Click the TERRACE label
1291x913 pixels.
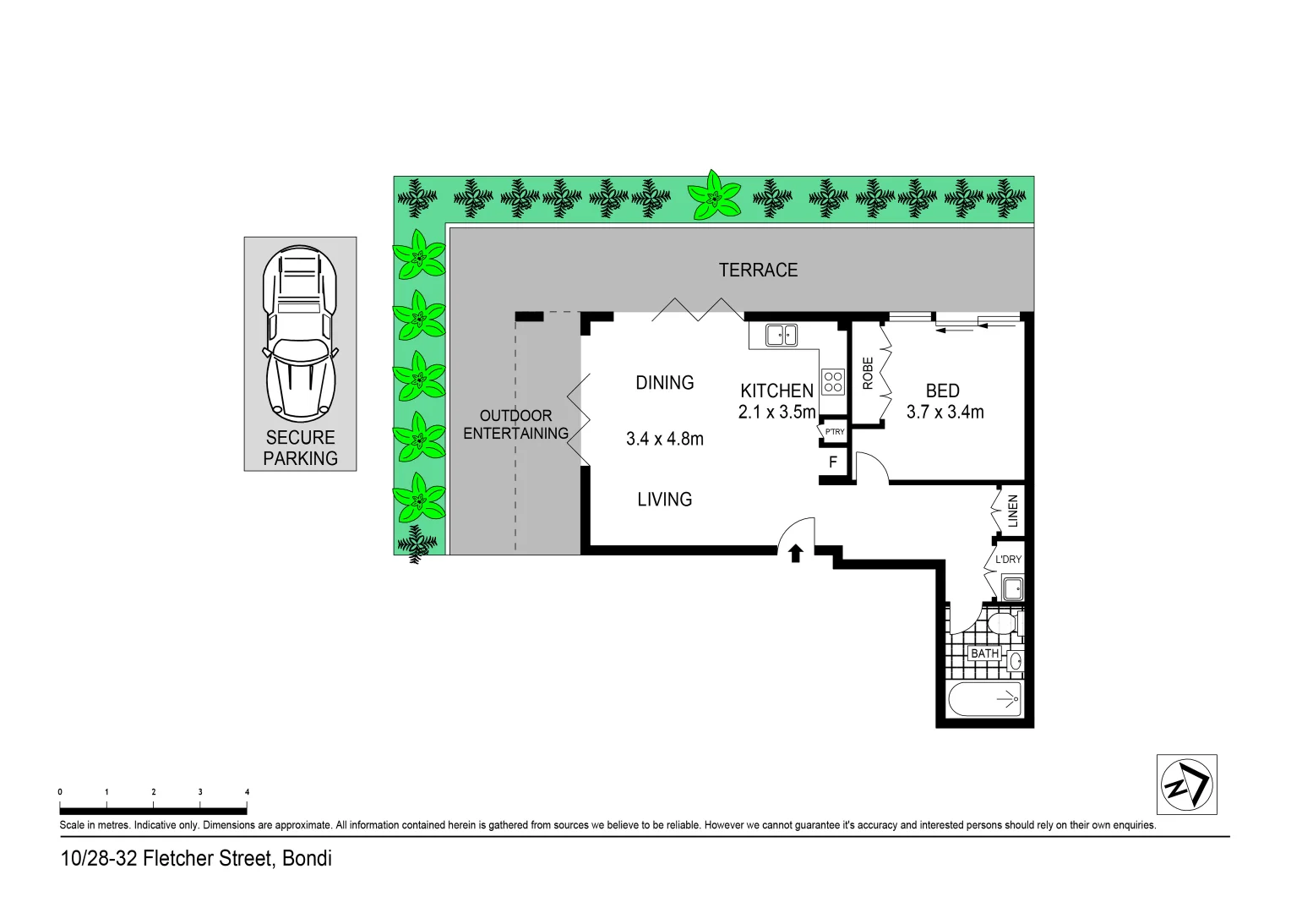click(x=758, y=270)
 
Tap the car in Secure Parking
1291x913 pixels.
click(x=300, y=334)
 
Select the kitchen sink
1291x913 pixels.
click(x=781, y=336)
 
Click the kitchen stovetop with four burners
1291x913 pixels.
click(x=833, y=382)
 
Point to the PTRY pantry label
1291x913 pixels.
click(x=834, y=432)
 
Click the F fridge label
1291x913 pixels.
click(x=833, y=462)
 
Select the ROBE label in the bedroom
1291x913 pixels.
click(x=868, y=373)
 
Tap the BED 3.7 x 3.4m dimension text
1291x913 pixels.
click(x=945, y=413)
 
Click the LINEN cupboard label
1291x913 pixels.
click(x=1012, y=511)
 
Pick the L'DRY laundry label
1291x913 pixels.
click(x=1008, y=560)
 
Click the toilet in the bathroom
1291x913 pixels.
click(x=1003, y=624)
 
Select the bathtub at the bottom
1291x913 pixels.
click(x=985, y=699)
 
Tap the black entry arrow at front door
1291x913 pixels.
click(x=795, y=554)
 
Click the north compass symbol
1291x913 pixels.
click(x=1186, y=784)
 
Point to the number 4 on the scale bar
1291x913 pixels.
click(x=247, y=792)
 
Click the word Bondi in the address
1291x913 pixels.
click(x=307, y=859)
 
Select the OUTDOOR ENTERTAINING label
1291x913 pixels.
click(x=515, y=424)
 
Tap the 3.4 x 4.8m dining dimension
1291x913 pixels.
click(x=665, y=439)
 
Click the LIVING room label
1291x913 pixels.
click(x=665, y=500)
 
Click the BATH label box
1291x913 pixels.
click(x=984, y=653)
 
